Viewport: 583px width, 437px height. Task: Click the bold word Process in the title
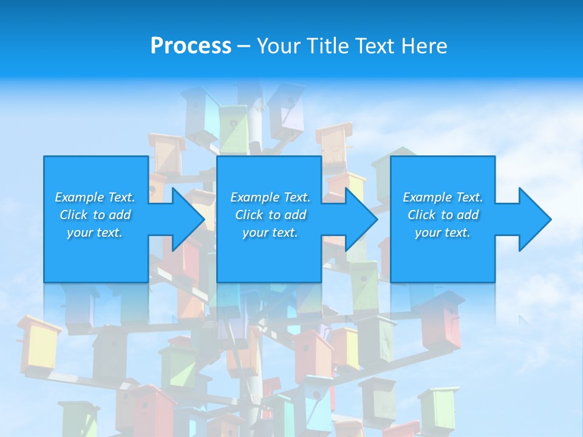point(191,46)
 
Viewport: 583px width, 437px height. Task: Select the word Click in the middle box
point(249,215)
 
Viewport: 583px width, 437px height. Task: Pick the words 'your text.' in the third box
point(443,232)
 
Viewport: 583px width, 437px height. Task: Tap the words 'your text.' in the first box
point(95,232)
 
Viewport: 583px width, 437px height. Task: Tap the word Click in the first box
point(73,215)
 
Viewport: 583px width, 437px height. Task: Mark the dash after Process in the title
point(244,46)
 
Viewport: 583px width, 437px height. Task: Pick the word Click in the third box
point(421,215)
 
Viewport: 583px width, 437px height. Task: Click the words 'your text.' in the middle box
point(270,232)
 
